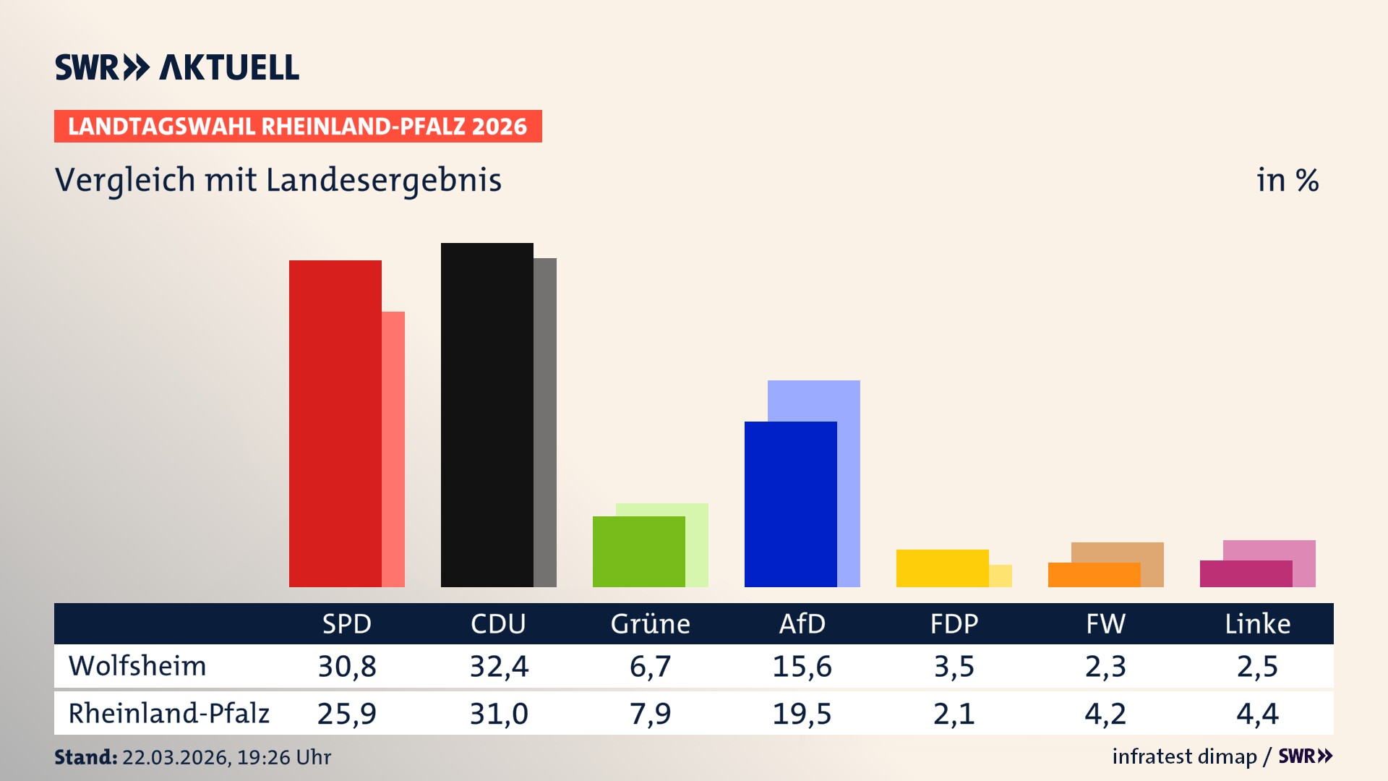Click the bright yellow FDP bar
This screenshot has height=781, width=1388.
(942, 568)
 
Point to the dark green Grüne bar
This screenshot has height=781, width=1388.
(638, 552)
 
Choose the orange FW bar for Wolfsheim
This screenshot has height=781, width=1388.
(1094, 575)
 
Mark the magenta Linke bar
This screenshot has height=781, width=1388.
(1246, 574)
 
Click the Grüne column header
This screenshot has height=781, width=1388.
(650, 623)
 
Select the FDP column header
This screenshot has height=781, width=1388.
(954, 623)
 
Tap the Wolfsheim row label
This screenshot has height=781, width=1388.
(137, 666)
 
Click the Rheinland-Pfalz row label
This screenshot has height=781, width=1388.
(168, 713)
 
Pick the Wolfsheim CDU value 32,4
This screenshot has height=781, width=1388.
(499, 666)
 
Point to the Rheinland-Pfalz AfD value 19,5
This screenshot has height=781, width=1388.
(802, 714)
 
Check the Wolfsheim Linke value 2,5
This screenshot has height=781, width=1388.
(1257, 666)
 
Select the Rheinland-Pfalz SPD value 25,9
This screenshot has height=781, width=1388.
(346, 714)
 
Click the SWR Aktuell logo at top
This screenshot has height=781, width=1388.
(176, 67)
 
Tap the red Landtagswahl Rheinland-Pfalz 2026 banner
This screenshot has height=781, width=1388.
(297, 127)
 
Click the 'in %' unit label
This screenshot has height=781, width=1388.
(1287, 180)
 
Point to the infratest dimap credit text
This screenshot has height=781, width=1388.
(1184, 756)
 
